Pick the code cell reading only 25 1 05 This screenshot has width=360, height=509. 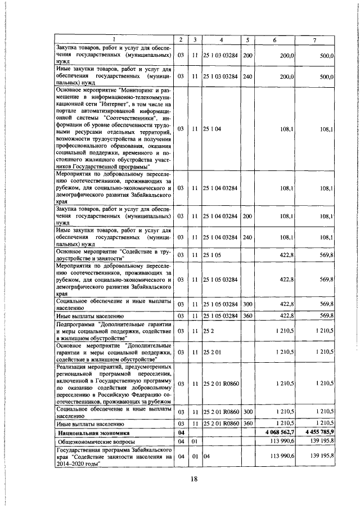212,255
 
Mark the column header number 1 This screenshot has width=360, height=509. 114,39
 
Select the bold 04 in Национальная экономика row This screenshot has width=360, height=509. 181,433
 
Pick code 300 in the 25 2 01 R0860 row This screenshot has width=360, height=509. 248,412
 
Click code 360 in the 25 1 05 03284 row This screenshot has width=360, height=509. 248,315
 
